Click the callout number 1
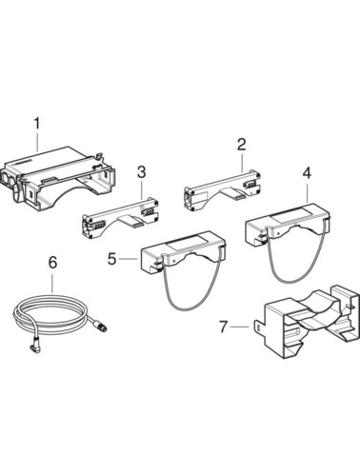pyautogui.click(x=37, y=124)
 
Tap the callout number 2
pyautogui.click(x=242, y=145)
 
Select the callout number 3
pyautogui.click(x=141, y=172)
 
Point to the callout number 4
pyautogui.click(x=307, y=173)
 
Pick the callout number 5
pyautogui.click(x=111, y=259)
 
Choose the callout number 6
pyautogui.click(x=52, y=263)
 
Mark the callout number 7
pyautogui.click(x=224, y=327)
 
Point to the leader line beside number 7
pyautogui.click(x=240, y=327)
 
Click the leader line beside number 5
pyautogui.click(x=129, y=259)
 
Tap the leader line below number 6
pyautogui.click(x=52, y=282)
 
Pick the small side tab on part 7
pyautogui.click(x=259, y=327)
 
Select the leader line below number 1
pyautogui.click(x=37, y=141)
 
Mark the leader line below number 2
pyautogui.click(x=242, y=162)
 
